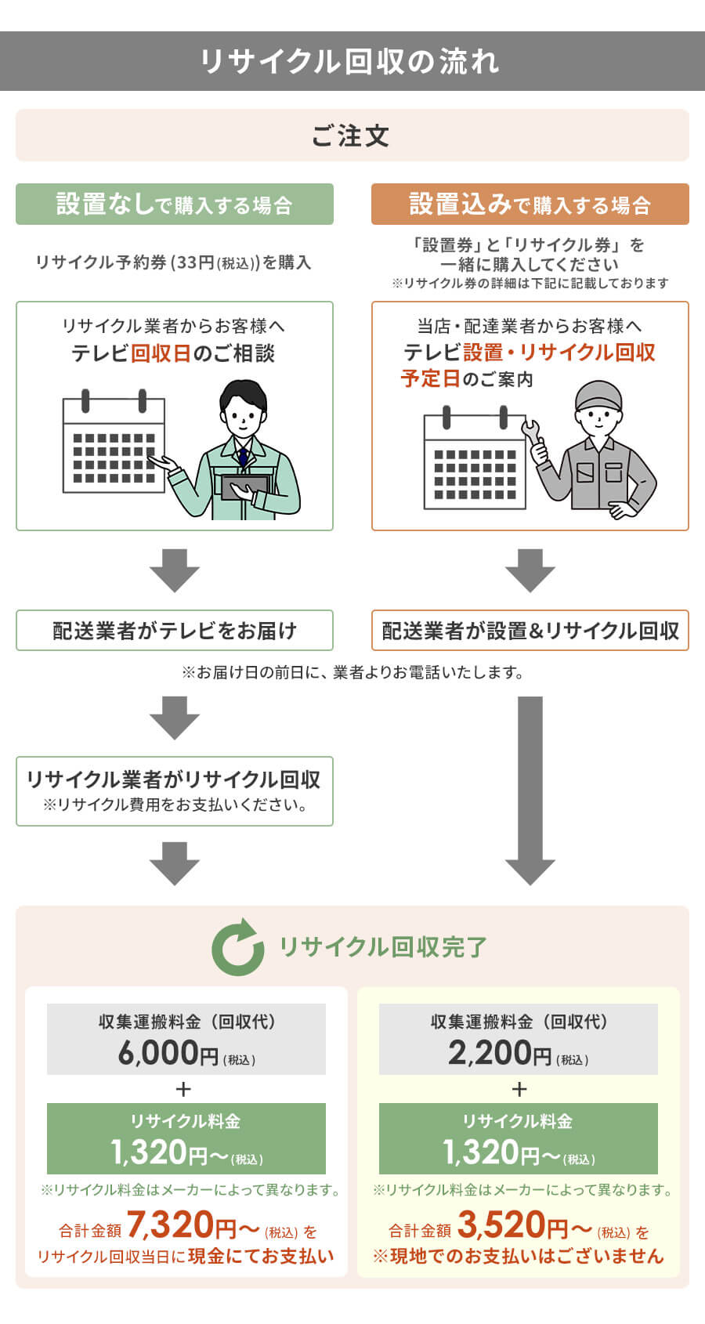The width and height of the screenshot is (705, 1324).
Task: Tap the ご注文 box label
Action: tap(351, 136)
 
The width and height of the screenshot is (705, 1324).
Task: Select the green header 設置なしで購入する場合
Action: tap(175, 204)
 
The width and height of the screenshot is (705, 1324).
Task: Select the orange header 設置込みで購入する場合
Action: tap(530, 204)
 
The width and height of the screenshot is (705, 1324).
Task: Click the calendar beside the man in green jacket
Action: tap(114, 445)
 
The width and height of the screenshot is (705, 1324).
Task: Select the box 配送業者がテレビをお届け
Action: tap(175, 631)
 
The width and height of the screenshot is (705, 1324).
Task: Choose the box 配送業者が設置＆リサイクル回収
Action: tap(530, 631)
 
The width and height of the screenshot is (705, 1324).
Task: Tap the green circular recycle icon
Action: tap(238, 947)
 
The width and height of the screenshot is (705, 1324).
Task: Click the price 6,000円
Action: tap(168, 1053)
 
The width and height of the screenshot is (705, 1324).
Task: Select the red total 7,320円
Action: tap(182, 1225)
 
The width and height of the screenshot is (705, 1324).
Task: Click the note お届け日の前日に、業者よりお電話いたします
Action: tap(352, 672)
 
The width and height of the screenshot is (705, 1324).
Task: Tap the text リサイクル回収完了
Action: tap(384, 947)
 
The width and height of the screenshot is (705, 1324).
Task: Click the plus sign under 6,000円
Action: tap(184, 1089)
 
